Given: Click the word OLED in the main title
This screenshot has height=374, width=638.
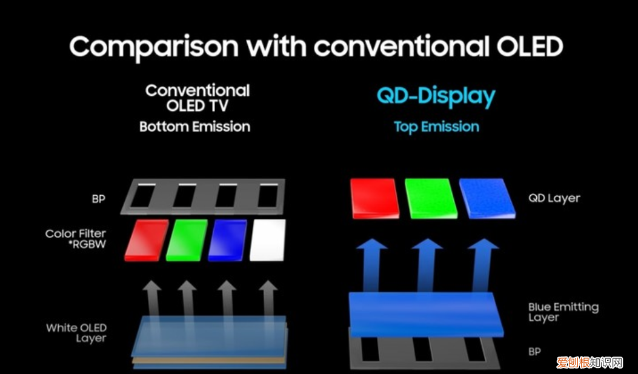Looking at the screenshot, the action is pos(530,46).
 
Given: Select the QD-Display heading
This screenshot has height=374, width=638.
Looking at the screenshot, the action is pos(436,97).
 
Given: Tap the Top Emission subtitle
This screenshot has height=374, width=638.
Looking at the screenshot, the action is pos(436,127).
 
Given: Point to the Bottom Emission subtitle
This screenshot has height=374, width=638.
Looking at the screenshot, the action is pos(194,127).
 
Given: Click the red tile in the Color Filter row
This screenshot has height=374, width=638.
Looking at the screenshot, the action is pos(146,240).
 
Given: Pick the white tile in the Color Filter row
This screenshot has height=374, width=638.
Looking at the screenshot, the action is pos(267,240).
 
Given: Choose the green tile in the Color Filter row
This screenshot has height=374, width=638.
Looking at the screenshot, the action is pos(187,240).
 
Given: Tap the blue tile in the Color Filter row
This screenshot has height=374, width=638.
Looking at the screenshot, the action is pos(227,240).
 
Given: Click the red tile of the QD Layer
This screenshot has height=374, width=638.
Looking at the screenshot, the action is pos(375,199).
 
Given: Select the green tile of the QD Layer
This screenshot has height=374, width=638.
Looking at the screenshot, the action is pos(431,199).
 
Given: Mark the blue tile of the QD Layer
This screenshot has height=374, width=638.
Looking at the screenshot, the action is pos(487,199).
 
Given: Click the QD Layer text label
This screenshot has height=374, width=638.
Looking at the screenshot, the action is pos(554,199).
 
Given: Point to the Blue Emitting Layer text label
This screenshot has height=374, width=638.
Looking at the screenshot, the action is pos(563,312).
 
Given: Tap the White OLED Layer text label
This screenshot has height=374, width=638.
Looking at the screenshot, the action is pos(76,333).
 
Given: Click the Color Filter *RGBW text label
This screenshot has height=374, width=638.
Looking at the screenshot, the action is pos(76,239).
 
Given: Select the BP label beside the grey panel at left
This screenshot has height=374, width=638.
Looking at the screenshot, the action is pos(99,199).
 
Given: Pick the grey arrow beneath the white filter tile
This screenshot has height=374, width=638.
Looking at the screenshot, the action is pos(268,298).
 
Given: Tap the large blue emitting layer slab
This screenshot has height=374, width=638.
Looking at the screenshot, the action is pos(426,315).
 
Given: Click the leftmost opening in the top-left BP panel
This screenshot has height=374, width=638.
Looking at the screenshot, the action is pos(143,196).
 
